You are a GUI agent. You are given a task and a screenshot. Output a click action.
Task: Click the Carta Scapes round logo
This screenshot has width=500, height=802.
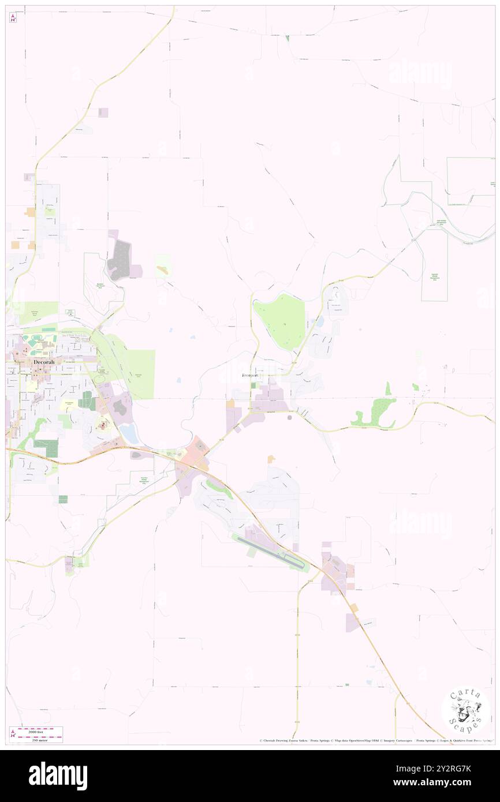pyautogui.click(x=465, y=711)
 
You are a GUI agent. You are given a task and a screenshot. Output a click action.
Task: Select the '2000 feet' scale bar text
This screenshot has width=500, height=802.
pyautogui.click(x=40, y=731)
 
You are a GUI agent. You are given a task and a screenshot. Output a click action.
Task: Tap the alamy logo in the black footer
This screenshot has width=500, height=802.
pyautogui.click(x=58, y=776)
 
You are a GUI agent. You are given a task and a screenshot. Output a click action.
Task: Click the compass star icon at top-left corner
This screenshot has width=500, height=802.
pyautogui.click(x=13, y=18)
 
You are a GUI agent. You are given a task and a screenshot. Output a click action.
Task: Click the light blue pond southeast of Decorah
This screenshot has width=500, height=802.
pyautogui.click(x=130, y=437)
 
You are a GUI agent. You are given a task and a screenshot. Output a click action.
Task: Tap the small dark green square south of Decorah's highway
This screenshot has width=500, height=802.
pyautogui.click(x=63, y=499)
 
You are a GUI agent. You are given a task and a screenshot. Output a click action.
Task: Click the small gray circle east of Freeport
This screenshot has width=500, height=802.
pyautogui.click(x=289, y=418)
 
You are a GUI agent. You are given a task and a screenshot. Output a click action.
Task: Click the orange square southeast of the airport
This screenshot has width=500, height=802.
pyautogui.click(x=353, y=608)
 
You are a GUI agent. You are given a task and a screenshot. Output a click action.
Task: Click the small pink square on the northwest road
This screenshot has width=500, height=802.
pyautogui.click(x=103, y=113)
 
